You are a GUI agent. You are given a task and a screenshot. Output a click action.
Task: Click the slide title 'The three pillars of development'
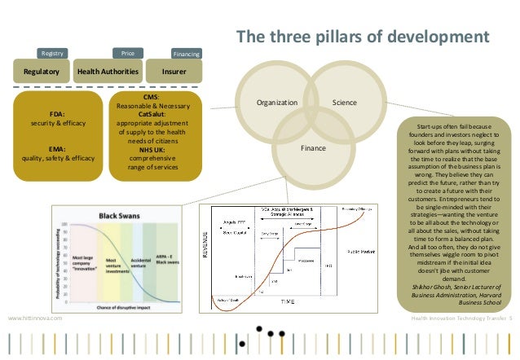[363, 37]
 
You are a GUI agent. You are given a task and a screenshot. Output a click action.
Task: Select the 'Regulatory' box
[41, 72]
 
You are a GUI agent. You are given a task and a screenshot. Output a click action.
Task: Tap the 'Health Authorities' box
[108, 72]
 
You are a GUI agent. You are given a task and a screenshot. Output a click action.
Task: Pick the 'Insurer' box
[174, 72]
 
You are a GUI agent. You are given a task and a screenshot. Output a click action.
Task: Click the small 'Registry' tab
[52, 53]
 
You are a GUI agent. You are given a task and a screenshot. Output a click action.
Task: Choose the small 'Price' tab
[127, 53]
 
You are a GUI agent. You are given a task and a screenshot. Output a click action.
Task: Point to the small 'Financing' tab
[187, 54]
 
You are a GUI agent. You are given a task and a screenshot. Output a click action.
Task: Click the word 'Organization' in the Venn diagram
[277, 103]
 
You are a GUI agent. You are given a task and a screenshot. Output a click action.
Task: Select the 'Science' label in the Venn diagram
[345, 103]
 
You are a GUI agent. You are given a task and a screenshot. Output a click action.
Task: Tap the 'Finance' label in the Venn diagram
[312, 149]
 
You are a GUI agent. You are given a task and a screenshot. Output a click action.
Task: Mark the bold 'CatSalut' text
[152, 115]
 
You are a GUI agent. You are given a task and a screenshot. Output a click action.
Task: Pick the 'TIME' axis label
[288, 301]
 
